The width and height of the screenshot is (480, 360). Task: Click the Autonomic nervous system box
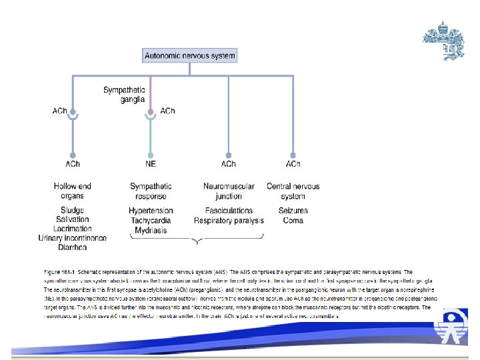190,56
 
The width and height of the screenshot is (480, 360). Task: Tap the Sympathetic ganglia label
125,94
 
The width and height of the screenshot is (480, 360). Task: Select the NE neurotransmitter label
151,164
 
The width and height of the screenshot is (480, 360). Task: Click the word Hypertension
151,211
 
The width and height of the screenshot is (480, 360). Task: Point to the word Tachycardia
151,220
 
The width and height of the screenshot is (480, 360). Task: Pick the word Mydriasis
151,230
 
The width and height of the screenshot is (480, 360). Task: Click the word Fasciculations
229,211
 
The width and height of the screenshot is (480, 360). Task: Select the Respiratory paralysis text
229,220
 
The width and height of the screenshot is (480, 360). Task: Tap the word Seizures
293,211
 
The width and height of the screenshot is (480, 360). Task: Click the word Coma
293,220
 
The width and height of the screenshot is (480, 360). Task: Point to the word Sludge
73,211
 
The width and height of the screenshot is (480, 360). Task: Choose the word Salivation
73,219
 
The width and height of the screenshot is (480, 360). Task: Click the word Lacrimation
73,229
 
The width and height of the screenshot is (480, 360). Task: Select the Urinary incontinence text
73,238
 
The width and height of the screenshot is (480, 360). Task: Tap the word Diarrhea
73,247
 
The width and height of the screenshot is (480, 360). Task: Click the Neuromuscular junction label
229,191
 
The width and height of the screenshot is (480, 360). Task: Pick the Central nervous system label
293,191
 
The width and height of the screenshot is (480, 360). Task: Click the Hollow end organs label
73,191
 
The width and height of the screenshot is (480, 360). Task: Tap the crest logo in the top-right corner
445,41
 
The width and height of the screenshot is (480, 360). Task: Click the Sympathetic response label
151,191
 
